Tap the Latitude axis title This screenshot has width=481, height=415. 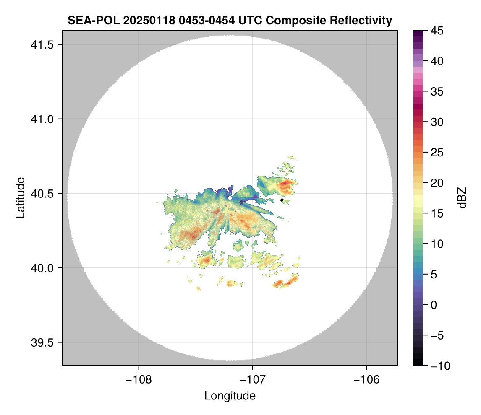(20, 197)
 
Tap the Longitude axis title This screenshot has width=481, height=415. (230, 395)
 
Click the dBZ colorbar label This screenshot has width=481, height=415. (462, 198)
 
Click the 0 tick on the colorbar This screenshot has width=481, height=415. (433, 305)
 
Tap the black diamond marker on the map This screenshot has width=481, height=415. (282, 200)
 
